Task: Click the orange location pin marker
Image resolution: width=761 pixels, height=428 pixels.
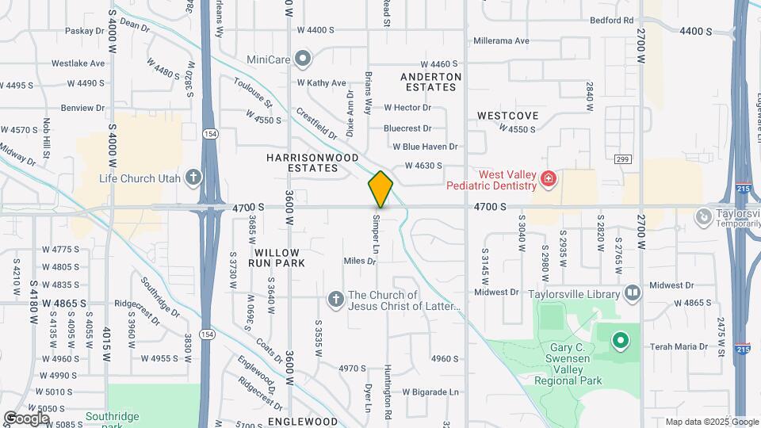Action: [380, 189]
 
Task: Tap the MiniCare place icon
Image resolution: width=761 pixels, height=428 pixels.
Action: [302, 58]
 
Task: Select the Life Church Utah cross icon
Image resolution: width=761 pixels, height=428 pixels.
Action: [193, 177]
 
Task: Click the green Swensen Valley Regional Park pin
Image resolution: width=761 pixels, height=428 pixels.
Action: [620, 341]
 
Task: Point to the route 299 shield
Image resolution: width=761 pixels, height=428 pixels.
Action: [621, 159]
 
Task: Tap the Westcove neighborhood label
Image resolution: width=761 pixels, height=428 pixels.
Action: [507, 116]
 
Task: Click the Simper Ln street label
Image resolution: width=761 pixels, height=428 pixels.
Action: [377, 230]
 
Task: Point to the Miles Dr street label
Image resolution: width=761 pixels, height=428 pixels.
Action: [359, 261]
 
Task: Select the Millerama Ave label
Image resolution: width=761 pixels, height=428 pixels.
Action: [501, 40]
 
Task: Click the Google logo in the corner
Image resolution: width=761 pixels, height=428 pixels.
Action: [27, 418]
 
